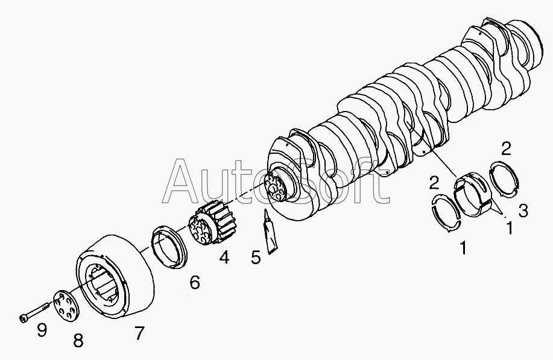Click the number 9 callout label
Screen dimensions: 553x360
[x=42, y=330]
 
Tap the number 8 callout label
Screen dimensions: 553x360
[x=78, y=341]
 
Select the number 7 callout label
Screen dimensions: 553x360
[x=140, y=333]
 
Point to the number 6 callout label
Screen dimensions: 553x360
[x=194, y=282]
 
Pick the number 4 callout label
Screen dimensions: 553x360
[x=224, y=257]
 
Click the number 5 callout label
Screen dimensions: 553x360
[x=256, y=257]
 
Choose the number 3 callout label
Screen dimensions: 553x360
[x=523, y=210]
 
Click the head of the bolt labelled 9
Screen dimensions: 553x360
[x=22, y=318]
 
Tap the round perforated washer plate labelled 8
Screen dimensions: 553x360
[x=66, y=306]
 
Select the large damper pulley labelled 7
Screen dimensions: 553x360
[x=115, y=276]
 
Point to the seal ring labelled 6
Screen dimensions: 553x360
[x=169, y=247]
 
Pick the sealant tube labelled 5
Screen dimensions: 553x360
[x=271, y=232]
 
